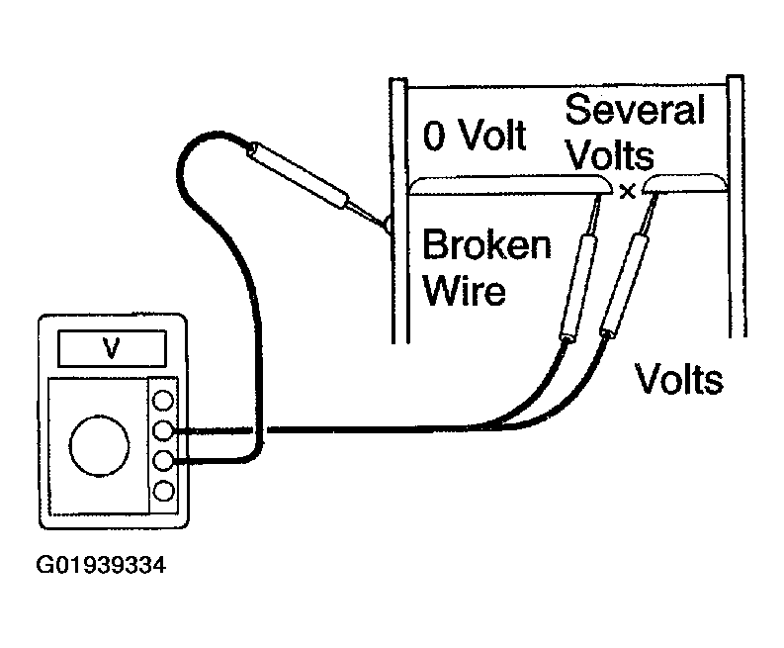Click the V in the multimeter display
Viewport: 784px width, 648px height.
coord(111,348)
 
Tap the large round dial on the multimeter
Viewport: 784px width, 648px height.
coord(100,445)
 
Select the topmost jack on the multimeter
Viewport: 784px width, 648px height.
coord(163,401)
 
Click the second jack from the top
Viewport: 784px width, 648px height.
coord(163,430)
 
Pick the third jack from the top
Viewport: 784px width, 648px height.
coord(163,460)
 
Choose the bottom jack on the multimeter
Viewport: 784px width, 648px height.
coord(163,491)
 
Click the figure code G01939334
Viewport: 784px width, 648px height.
coord(101,566)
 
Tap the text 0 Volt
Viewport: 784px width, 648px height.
coord(474,136)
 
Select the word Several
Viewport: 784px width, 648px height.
coord(635,109)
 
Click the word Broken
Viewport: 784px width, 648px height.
coord(487,244)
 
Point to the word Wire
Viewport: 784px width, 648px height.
coord(464,290)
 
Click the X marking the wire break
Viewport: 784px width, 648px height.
coord(627,191)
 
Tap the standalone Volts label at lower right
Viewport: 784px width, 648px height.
coord(679,379)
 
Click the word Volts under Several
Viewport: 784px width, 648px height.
coord(611,154)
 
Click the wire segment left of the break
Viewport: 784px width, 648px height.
coord(510,185)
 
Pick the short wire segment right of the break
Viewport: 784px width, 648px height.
coord(684,183)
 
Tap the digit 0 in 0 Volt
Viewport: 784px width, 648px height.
coord(434,136)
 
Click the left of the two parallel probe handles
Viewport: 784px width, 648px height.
coord(579,288)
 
